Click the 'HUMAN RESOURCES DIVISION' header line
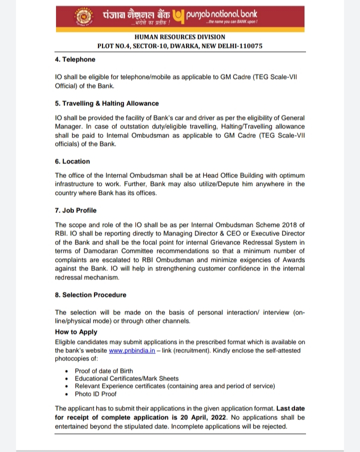[x=180, y=37]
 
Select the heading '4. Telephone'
[x=75, y=59]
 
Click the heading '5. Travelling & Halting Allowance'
[x=107, y=103]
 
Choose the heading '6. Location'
[x=72, y=161]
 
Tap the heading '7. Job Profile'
[x=75, y=210]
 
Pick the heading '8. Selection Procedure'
[x=90, y=295]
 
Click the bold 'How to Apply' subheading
[x=76, y=332]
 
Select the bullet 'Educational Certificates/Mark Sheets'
[x=126, y=378]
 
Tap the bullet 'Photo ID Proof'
[x=95, y=394]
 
